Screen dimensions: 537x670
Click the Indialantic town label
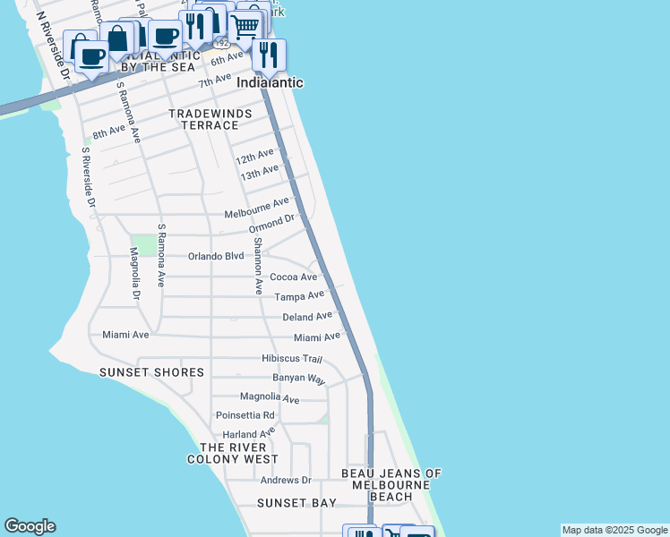pyautogui.click(x=270, y=82)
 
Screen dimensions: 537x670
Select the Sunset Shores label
pyautogui.click(x=152, y=372)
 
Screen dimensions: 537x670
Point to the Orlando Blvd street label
pyautogui.click(x=216, y=256)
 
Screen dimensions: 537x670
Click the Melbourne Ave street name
pyautogui.click(x=257, y=209)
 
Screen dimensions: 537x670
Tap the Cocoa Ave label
pyautogui.click(x=294, y=277)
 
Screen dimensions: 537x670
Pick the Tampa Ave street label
pyautogui.click(x=299, y=296)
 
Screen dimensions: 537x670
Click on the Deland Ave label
pyautogui.click(x=307, y=317)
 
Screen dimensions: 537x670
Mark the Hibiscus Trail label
pyautogui.click(x=291, y=358)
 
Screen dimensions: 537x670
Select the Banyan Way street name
pyautogui.click(x=299, y=379)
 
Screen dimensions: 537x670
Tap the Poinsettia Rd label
pyautogui.click(x=245, y=415)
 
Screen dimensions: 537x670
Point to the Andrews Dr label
pyautogui.click(x=285, y=481)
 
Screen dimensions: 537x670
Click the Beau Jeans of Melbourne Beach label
pyautogui.click(x=392, y=484)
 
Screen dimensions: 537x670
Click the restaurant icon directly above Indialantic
pyautogui.click(x=268, y=55)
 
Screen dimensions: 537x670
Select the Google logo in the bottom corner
pyautogui.click(x=30, y=526)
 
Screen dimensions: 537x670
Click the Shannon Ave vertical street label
pyautogui.click(x=257, y=266)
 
